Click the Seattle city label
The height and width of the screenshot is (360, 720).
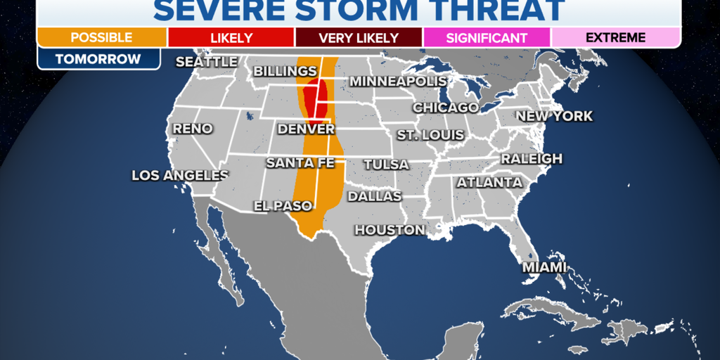tap(207, 62)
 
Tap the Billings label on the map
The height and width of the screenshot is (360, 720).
tap(285, 72)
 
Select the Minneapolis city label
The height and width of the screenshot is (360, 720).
tap(398, 82)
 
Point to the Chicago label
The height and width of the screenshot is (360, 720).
tap(445, 108)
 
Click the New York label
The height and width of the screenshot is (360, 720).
tap(554, 116)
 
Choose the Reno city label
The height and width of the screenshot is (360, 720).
tap(192, 129)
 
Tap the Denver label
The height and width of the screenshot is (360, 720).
tap(306, 129)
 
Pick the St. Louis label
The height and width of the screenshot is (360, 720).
tap(430, 134)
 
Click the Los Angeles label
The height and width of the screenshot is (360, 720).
tap(180, 176)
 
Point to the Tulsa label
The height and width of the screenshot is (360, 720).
tap(386, 165)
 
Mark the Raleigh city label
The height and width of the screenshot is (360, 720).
tap(532, 159)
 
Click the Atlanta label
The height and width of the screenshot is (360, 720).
tap(489, 183)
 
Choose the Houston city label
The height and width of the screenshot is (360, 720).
tap(390, 230)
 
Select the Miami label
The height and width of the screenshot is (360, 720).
tap(544, 268)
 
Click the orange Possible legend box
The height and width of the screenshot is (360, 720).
tap(101, 37)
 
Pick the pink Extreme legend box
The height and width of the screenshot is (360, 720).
tap(615, 37)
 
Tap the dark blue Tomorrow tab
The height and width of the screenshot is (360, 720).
tap(98, 59)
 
